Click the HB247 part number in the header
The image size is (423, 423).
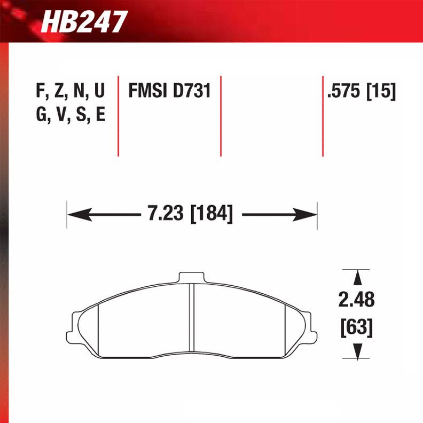pyautogui.click(x=84, y=22)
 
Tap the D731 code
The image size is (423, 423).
pyautogui.click(x=192, y=91)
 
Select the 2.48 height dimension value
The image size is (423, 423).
pyautogui.click(x=356, y=300)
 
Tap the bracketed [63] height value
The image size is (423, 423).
pyautogui.click(x=356, y=326)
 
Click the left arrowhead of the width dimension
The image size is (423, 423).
pyautogui.click(x=77, y=215)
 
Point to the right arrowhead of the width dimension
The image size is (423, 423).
pyautogui.click(x=307, y=215)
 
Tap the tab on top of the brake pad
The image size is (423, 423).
pyautogui.click(x=192, y=277)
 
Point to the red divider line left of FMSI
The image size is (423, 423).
pyautogui.click(x=118, y=115)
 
